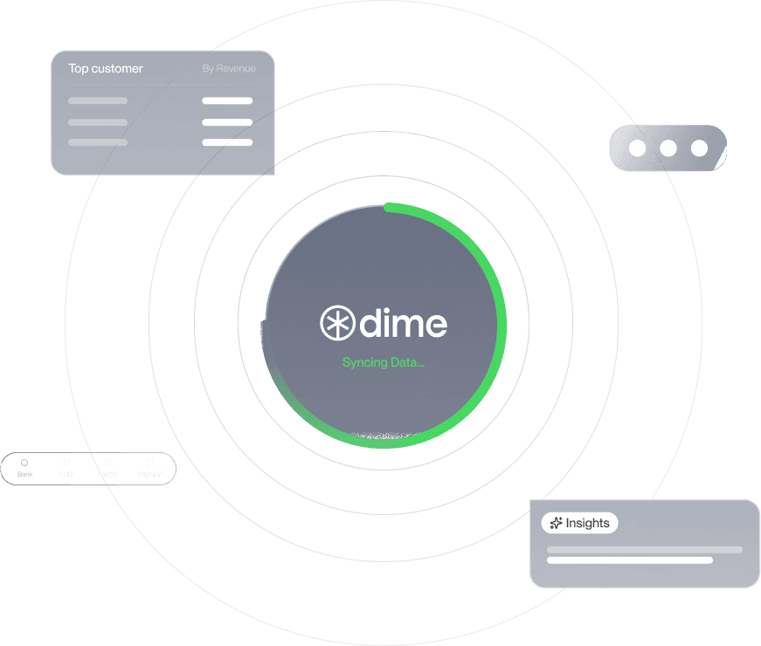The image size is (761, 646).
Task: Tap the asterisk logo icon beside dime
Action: click(x=336, y=323)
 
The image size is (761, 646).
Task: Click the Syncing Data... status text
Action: click(x=384, y=362)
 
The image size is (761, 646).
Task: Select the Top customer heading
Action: click(x=106, y=68)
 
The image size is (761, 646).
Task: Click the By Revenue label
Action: click(x=229, y=68)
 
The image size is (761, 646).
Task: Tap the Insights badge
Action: click(x=580, y=523)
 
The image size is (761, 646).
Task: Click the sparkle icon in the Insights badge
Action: click(x=556, y=523)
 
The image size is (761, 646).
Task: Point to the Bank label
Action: click(x=24, y=474)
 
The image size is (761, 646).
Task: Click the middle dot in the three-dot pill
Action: click(x=668, y=148)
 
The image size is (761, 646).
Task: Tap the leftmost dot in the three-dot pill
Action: click(x=638, y=148)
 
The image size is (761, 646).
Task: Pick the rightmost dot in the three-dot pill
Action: click(x=699, y=148)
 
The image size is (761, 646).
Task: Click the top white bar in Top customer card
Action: click(x=227, y=100)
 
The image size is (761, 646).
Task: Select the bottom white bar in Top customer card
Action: click(x=227, y=142)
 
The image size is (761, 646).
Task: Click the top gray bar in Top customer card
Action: click(x=98, y=100)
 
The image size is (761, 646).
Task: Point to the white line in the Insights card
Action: click(x=629, y=560)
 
